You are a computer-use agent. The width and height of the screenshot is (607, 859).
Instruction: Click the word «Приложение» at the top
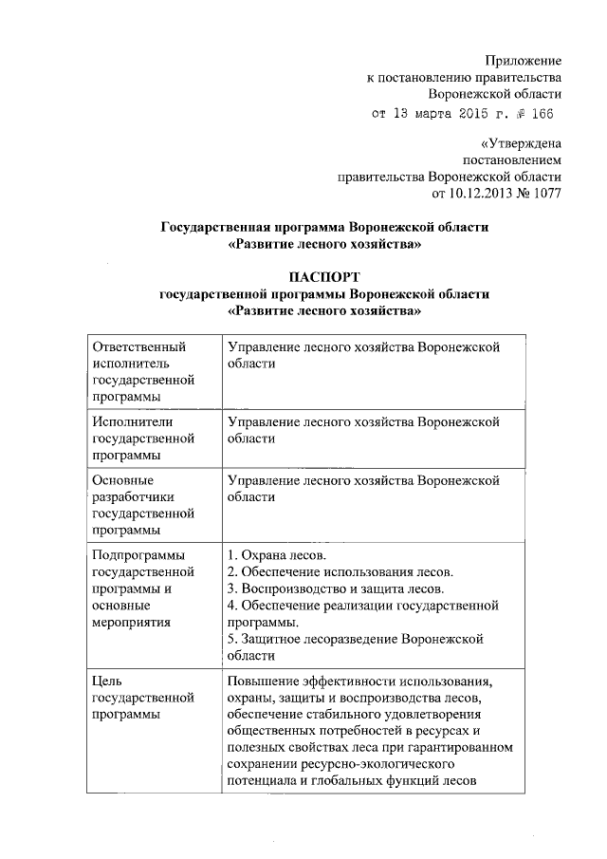[x=523, y=60]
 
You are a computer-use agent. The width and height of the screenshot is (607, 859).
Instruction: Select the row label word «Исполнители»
[x=134, y=421]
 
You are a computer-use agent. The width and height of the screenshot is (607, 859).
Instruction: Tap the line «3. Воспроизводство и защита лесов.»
[x=337, y=588]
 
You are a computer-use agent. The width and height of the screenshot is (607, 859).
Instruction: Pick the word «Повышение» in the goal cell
[x=265, y=680]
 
